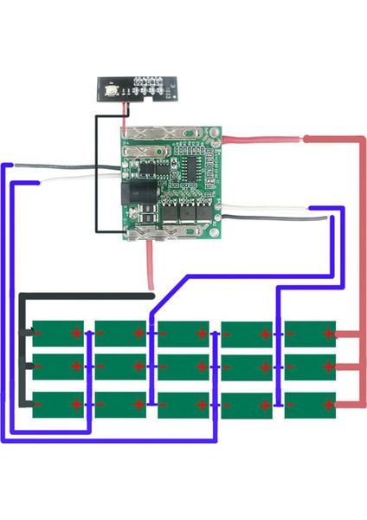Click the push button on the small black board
(x=111, y=90)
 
